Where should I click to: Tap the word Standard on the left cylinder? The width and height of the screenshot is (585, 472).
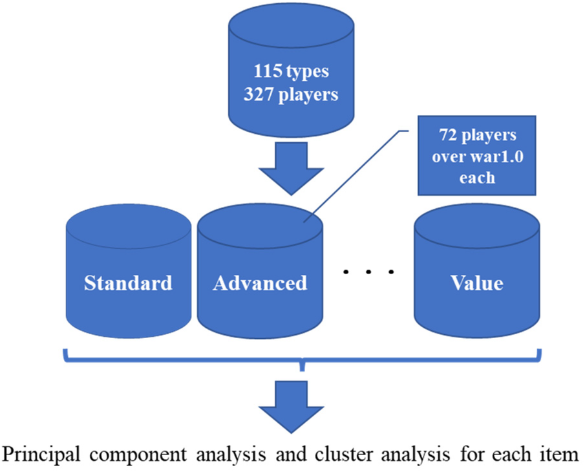[x=129, y=283]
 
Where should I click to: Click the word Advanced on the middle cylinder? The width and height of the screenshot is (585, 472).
[x=260, y=283]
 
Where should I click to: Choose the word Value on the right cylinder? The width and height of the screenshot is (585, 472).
[x=477, y=283]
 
